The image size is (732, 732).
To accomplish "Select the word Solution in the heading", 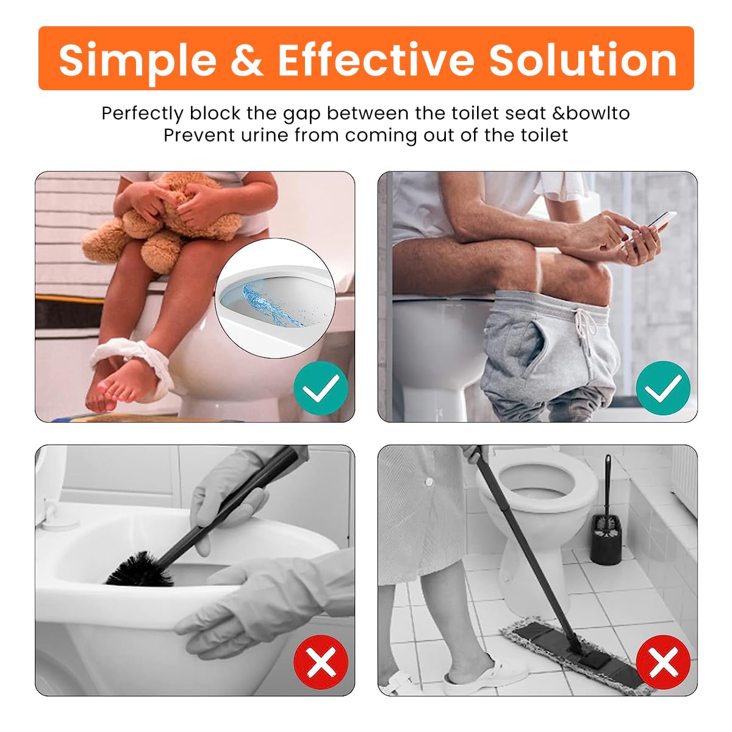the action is (x=583, y=59).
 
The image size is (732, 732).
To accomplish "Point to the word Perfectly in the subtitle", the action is (x=143, y=114).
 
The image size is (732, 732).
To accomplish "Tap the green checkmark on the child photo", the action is (x=321, y=388).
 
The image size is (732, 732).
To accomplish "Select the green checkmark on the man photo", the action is (x=663, y=388).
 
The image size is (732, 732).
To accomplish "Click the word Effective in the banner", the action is (x=376, y=60).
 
